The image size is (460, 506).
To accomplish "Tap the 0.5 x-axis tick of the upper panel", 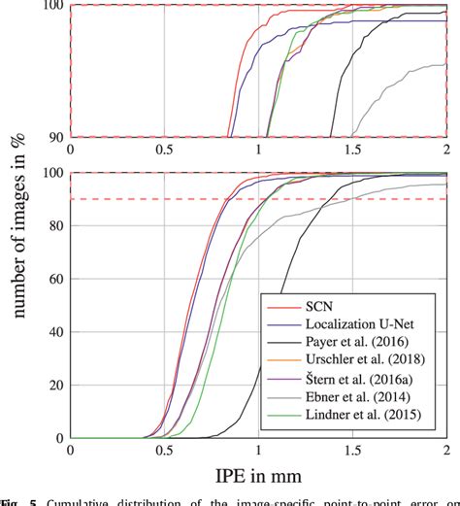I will pyautogui.click(x=163, y=151).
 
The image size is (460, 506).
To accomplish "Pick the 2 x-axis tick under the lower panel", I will pyautogui.click(x=445, y=452).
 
